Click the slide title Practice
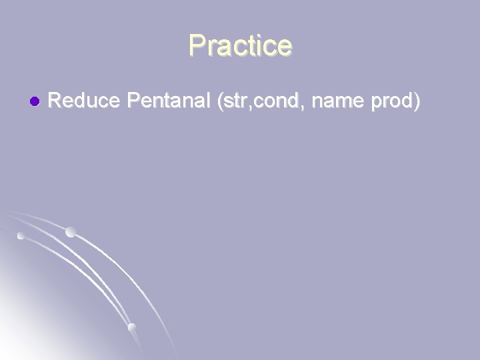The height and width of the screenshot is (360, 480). [x=240, y=46]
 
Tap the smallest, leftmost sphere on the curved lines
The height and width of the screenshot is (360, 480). [x=21, y=236]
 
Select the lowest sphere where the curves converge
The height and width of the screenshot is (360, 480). [x=131, y=327]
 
